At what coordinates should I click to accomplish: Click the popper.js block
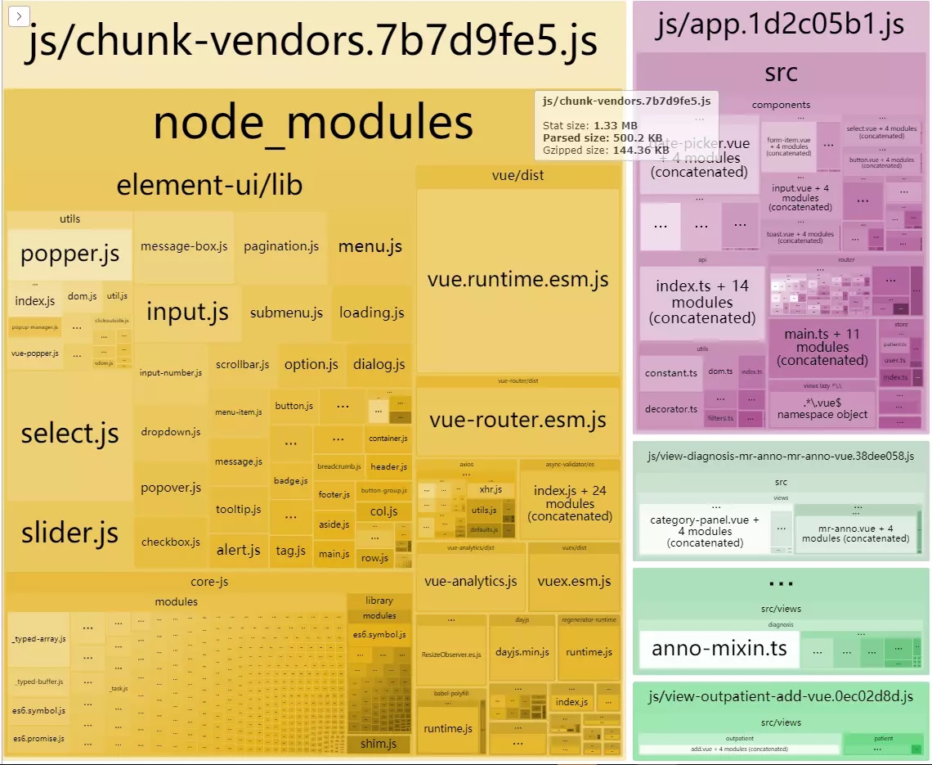click(69, 254)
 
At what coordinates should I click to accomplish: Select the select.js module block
click(69, 434)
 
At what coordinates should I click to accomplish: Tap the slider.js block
click(69, 533)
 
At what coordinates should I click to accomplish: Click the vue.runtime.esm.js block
click(518, 280)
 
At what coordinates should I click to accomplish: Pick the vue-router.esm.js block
click(518, 421)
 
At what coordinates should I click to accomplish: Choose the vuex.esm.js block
click(574, 582)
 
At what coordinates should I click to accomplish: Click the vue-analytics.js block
click(470, 582)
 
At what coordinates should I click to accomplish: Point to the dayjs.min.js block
click(522, 652)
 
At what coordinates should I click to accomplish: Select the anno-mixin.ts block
click(719, 649)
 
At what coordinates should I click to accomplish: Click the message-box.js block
click(184, 246)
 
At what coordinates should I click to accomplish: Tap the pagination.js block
click(281, 246)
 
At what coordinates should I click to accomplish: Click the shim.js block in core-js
click(379, 744)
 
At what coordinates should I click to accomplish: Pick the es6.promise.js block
click(38, 739)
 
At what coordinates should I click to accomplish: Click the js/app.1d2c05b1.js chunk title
click(780, 25)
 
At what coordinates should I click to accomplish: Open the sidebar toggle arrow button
click(19, 16)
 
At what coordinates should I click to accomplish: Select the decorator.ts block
click(670, 409)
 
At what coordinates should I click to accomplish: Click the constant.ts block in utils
click(670, 373)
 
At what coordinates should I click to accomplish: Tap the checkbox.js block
click(170, 542)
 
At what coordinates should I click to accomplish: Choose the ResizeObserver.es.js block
click(451, 655)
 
